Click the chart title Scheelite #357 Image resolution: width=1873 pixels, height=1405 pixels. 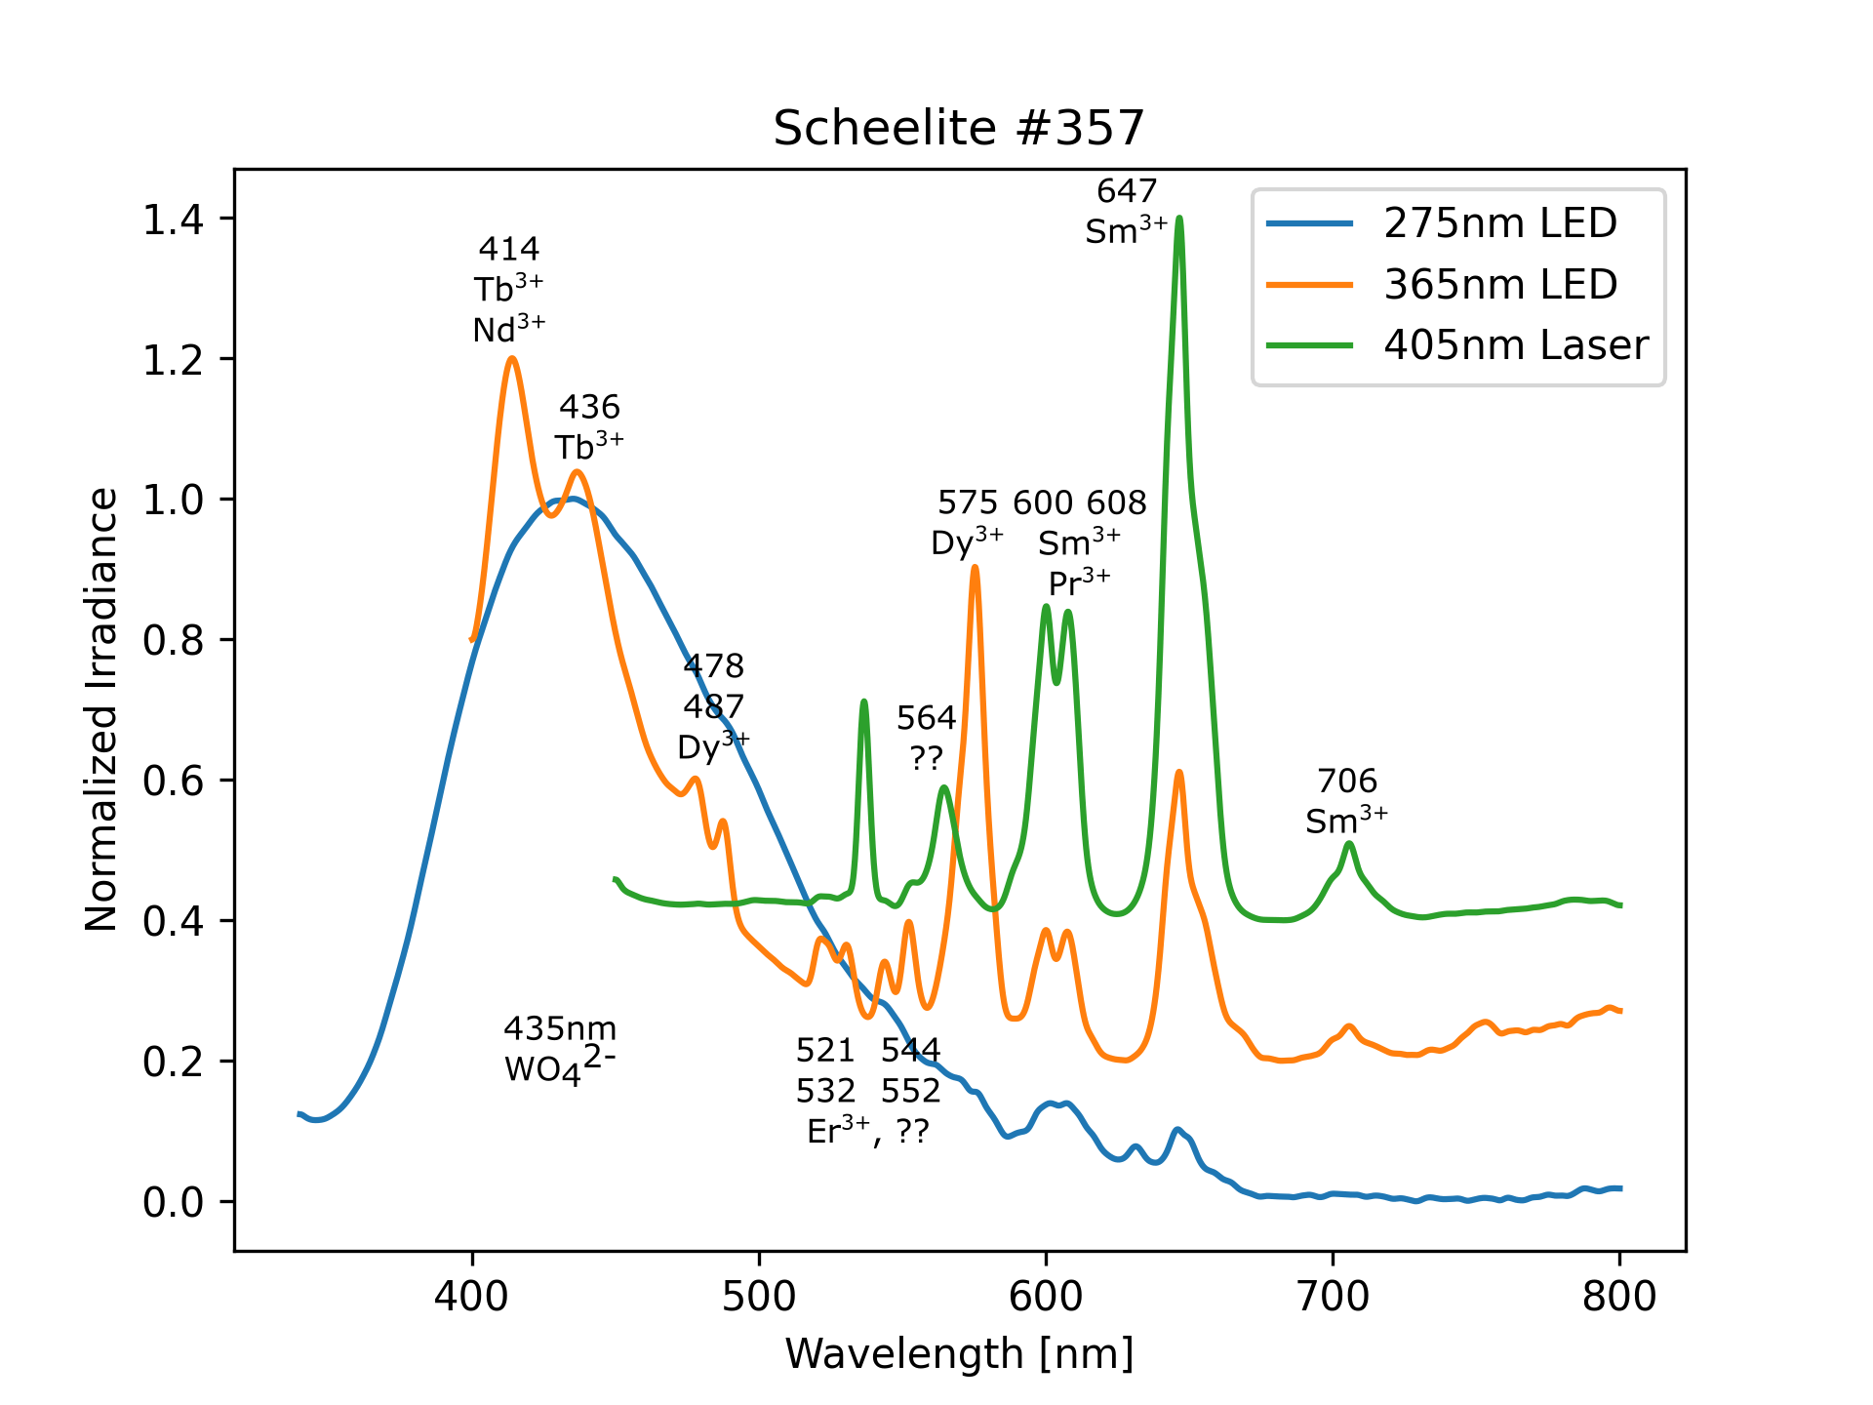click(x=958, y=129)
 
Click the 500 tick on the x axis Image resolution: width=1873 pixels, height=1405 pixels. click(x=759, y=1297)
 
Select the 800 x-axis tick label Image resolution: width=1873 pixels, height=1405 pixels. click(x=1619, y=1297)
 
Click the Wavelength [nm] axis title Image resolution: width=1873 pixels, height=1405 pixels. click(x=959, y=1354)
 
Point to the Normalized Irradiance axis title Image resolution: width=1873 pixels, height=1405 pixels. click(x=101, y=709)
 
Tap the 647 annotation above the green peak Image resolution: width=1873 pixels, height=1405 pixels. click(x=1126, y=191)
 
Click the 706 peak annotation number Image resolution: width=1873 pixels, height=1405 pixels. click(x=1346, y=781)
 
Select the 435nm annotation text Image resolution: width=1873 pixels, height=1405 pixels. click(x=560, y=1028)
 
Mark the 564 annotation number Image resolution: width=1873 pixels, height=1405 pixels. click(x=926, y=718)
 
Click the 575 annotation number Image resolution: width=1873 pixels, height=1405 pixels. click(x=967, y=502)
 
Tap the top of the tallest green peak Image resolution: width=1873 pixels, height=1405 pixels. click(x=1179, y=219)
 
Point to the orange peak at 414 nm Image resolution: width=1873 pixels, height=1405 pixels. click(x=512, y=359)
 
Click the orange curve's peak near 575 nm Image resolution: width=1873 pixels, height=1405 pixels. click(x=975, y=567)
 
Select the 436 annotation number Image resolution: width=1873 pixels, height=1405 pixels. click(x=589, y=406)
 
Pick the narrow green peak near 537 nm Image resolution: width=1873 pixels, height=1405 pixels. click(x=863, y=702)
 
